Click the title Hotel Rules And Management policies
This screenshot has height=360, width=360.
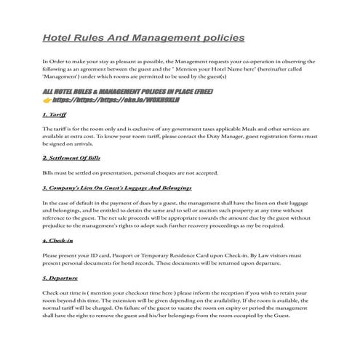click(143, 36)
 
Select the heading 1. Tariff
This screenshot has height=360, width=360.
click(55, 115)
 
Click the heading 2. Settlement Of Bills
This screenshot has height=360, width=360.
click(71, 157)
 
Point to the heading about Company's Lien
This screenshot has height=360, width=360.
click(116, 188)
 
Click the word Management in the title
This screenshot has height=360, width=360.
click(165, 36)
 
